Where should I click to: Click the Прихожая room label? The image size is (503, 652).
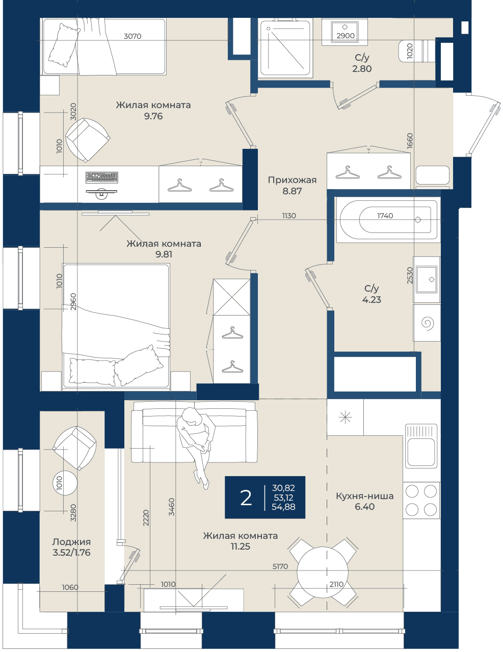click(292, 180)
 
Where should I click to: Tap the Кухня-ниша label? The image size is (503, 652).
click(364, 496)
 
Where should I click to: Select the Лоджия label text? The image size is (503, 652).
click(71, 541)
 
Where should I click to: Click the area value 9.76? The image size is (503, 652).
click(153, 116)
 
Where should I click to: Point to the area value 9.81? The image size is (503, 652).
click(164, 254)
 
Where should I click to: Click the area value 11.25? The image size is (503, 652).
click(240, 546)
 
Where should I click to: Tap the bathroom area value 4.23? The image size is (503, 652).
click(372, 299)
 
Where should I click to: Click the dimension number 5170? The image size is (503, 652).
click(280, 566)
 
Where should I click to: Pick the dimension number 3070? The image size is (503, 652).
click(133, 36)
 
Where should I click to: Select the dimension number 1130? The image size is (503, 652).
click(289, 216)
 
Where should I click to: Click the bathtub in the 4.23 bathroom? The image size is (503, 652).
click(388, 220)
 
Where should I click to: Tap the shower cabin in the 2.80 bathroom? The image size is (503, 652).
click(285, 48)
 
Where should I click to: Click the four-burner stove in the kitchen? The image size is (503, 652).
click(421, 500)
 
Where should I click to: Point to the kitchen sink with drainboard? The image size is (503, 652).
click(421, 446)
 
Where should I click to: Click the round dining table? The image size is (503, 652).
click(323, 572)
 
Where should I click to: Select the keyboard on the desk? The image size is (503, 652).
click(102, 177)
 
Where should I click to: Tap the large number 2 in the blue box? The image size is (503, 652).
click(246, 498)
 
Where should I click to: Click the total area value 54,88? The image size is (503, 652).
click(283, 507)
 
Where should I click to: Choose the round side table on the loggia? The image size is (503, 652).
click(65, 483)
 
